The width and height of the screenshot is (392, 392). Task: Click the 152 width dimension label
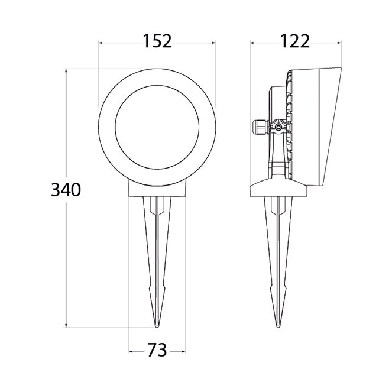coord(157,41)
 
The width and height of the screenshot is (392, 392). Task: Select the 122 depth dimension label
coord(295,41)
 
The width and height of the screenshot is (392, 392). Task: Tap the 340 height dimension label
coord(66,190)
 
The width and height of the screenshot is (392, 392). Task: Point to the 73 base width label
coord(157,350)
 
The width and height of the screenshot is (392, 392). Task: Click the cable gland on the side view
coord(260,128)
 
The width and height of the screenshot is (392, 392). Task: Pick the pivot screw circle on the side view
coord(278,128)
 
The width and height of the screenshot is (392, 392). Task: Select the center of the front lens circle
coord(157,128)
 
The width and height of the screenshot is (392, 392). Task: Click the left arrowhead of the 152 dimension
coord(101,43)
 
